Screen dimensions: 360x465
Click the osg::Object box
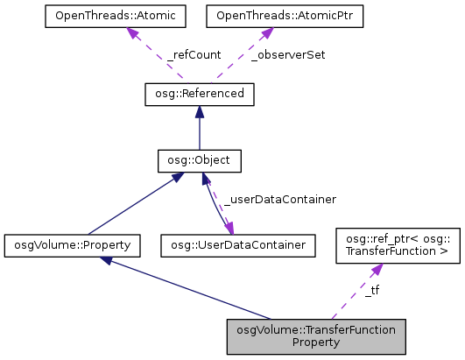199,161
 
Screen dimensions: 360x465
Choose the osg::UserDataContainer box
237,245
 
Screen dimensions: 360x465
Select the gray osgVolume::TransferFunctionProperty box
316,335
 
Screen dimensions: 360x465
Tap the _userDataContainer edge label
279,200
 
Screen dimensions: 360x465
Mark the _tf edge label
371,289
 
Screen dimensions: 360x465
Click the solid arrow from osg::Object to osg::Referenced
200,128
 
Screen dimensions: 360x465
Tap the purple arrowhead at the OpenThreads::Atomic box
133,33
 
